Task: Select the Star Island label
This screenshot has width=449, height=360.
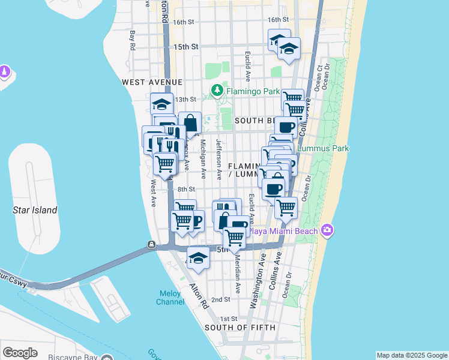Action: point(35,210)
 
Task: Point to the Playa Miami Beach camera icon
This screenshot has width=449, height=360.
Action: point(327,230)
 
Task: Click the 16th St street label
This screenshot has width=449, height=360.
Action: point(184,22)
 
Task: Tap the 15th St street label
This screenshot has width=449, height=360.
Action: point(185,46)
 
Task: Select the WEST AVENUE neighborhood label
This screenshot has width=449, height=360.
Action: point(151,82)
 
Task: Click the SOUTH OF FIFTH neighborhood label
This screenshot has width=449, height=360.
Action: point(240,328)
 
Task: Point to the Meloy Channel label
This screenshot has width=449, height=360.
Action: point(171,298)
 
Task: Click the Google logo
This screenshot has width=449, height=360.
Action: point(20,352)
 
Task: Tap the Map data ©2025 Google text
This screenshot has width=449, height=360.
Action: point(412,355)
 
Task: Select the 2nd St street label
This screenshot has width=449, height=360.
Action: point(221,299)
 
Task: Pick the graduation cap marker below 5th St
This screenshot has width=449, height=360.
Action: point(198,257)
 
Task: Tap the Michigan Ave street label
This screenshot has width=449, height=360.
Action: point(203,159)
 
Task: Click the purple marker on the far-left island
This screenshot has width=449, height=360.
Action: point(5,72)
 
